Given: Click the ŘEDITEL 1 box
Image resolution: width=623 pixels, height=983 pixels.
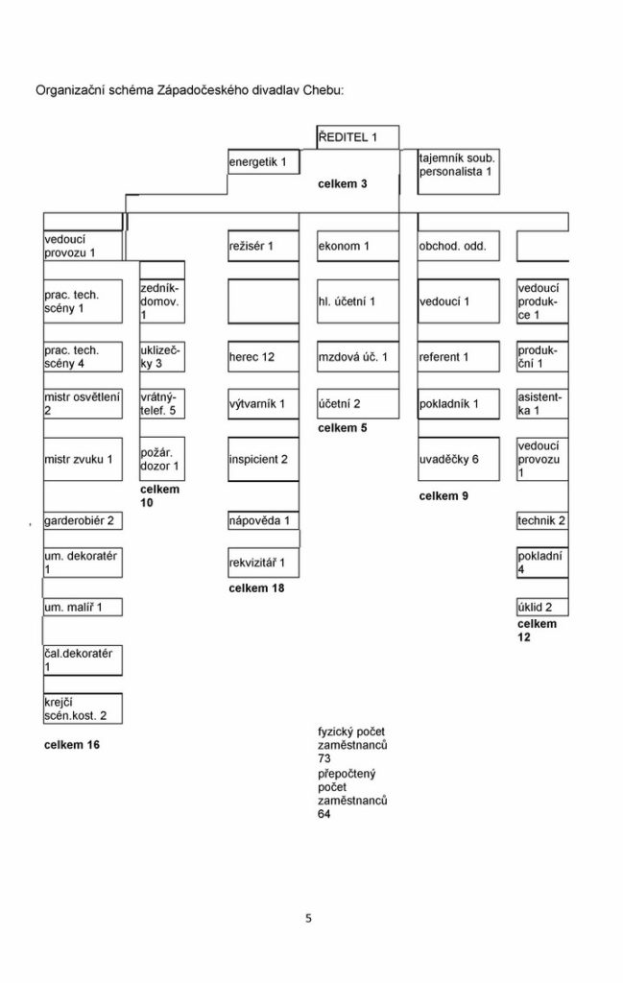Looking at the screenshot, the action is point(357,137).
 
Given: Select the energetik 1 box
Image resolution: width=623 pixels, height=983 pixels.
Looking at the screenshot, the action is point(263,161).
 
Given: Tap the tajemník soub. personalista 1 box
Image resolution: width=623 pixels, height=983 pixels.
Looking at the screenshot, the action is point(458,171).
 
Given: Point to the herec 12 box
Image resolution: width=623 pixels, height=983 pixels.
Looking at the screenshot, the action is point(263,357).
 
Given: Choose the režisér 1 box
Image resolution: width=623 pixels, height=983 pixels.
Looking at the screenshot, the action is point(263,246).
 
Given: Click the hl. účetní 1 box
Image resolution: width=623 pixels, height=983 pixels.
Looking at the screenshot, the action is point(358,301).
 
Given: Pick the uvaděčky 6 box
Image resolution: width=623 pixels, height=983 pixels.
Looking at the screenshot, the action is point(459,459).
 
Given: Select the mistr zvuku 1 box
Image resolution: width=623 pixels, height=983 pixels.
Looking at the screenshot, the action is point(83,459).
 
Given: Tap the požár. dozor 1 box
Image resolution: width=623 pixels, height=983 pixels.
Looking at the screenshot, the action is point(161,459).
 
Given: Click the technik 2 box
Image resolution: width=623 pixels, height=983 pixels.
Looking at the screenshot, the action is point(542,520).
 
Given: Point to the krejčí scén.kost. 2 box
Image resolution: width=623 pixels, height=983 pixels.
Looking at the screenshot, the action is point(83,708).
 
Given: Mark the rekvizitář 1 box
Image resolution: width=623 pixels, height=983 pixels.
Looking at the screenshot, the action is point(263,563).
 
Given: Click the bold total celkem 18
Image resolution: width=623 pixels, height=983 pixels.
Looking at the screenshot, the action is point(256,588).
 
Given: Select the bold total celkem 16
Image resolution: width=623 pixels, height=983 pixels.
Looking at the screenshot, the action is point(71,745).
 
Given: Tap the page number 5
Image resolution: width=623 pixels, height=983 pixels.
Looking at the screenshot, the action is point(308,919).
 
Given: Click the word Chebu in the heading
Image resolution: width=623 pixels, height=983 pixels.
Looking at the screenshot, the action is point(322,90).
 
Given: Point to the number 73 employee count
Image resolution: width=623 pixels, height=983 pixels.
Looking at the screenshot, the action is point(324,758).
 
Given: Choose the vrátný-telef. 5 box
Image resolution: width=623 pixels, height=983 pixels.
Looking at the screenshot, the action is point(161,404).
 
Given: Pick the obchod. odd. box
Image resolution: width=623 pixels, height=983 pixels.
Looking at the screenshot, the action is point(459,246).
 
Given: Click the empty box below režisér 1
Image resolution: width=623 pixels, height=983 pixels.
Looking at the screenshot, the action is point(263,301).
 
